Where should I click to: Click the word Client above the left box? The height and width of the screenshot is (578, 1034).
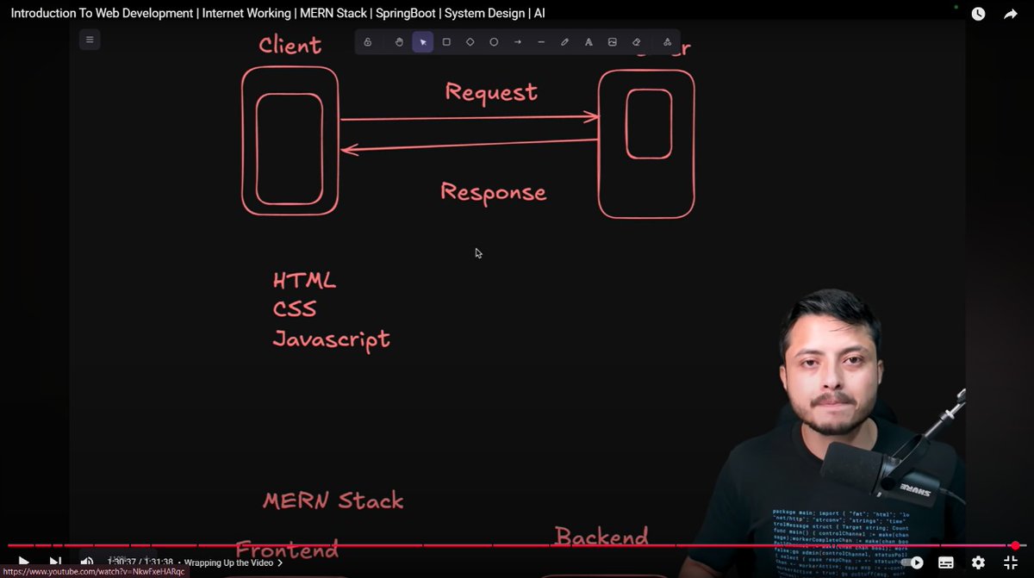coord(290,46)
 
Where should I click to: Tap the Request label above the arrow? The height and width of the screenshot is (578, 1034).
coord(491,92)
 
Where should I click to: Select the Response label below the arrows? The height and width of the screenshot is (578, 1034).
coord(493,191)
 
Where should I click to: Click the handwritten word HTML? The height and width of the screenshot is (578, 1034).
coord(304,281)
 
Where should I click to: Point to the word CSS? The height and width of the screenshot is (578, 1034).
coord(295,308)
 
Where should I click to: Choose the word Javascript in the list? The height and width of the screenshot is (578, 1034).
coord(331,339)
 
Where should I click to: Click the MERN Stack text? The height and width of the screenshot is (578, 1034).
coord(333,500)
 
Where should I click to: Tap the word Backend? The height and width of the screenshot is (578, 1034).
coord(601,538)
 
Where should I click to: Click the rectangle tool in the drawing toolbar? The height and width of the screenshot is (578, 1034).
coord(446,42)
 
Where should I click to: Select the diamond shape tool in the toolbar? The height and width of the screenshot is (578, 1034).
coord(470,42)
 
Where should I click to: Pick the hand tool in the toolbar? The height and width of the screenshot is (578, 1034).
coord(399,42)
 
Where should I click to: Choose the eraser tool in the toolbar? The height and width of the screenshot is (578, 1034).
coord(637,42)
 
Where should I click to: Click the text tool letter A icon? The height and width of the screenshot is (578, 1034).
coord(589,42)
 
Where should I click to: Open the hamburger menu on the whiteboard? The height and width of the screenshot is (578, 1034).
coord(90,40)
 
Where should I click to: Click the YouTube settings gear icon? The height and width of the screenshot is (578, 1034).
coord(978,562)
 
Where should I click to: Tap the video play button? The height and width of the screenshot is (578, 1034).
coord(23,562)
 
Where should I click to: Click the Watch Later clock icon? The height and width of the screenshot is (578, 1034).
coord(978,14)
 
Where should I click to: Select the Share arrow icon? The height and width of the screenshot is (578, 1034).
coord(1011,14)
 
